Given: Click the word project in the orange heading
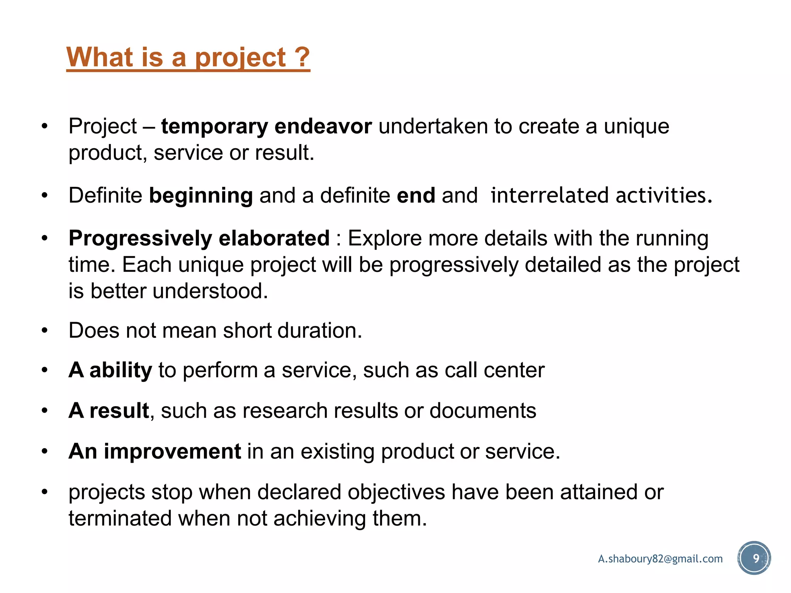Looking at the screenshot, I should tap(240, 58).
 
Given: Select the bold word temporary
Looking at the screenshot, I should tap(214, 127).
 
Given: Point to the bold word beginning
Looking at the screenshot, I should tap(201, 196).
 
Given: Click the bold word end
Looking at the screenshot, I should tap(416, 195).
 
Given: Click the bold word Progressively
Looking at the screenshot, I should tap(140, 239).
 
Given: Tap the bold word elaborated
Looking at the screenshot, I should tap(274, 238).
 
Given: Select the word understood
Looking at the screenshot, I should tap(210, 291).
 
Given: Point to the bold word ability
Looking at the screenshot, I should tap(121, 371).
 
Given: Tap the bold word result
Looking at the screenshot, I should tap(119, 410).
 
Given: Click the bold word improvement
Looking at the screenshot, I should tap(172, 451).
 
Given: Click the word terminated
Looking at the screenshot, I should tap(120, 518).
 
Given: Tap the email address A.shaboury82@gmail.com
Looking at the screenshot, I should tap(660, 559).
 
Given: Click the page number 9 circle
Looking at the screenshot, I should tap(754, 558).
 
